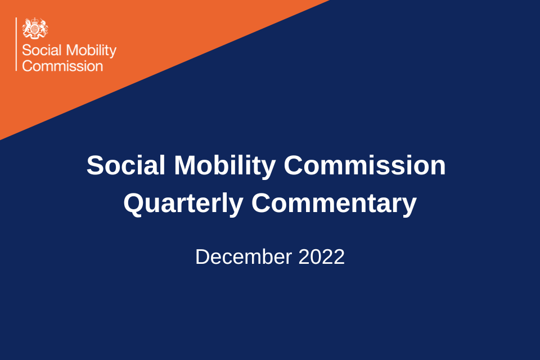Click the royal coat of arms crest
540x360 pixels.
pyautogui.click(x=35, y=28)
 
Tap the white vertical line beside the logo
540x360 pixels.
pyautogui.click(x=17, y=44)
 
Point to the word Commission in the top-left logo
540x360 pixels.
pyautogui.click(x=62, y=66)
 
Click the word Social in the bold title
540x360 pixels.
pyautogui.click(x=126, y=165)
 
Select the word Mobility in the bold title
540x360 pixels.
pyautogui.click(x=224, y=165)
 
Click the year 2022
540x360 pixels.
pyautogui.click(x=322, y=257)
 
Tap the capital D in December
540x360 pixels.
pyautogui.click(x=202, y=257)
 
